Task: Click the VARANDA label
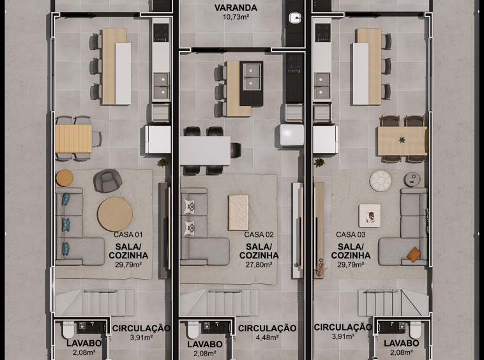[236, 8]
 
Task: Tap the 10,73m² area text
[236, 17]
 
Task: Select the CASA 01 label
[128, 234]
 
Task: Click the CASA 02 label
[259, 234]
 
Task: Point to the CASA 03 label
[351, 234]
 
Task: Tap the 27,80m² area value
[259, 264]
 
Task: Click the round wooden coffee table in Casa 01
[115, 214]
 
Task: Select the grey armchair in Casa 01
[107, 181]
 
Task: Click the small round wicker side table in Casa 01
[64, 178]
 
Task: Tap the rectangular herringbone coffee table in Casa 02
[238, 213]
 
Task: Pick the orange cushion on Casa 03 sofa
[414, 255]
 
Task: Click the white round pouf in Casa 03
[381, 181]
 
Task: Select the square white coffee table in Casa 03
[370, 216]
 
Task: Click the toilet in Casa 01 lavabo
[68, 330]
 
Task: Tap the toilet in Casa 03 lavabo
[416, 330]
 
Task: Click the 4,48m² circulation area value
[267, 338]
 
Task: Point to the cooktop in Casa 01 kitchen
[161, 33]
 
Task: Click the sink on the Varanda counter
[295, 18]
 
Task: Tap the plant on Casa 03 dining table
[402, 140]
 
